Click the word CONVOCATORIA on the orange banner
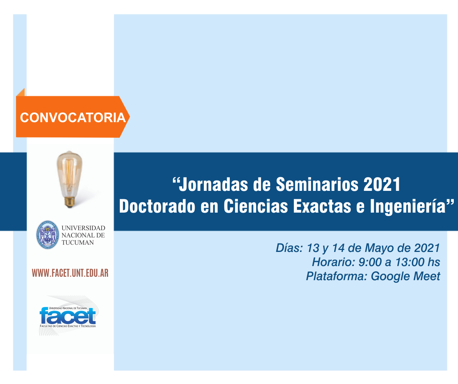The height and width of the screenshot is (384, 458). [x=73, y=118]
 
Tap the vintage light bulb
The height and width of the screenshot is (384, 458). [x=69, y=179]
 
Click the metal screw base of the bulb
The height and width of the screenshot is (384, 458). [x=69, y=202]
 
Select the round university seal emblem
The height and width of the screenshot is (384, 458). [x=48, y=235]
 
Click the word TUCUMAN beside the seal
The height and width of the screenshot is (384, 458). [x=77, y=242]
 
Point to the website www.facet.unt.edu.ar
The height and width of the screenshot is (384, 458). [x=70, y=273]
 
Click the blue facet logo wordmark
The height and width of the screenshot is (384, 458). [x=68, y=316]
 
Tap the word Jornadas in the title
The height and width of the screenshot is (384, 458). [x=213, y=185]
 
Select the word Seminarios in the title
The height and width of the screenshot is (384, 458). [x=317, y=184]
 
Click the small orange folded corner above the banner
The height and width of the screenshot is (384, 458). [x=21, y=93]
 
